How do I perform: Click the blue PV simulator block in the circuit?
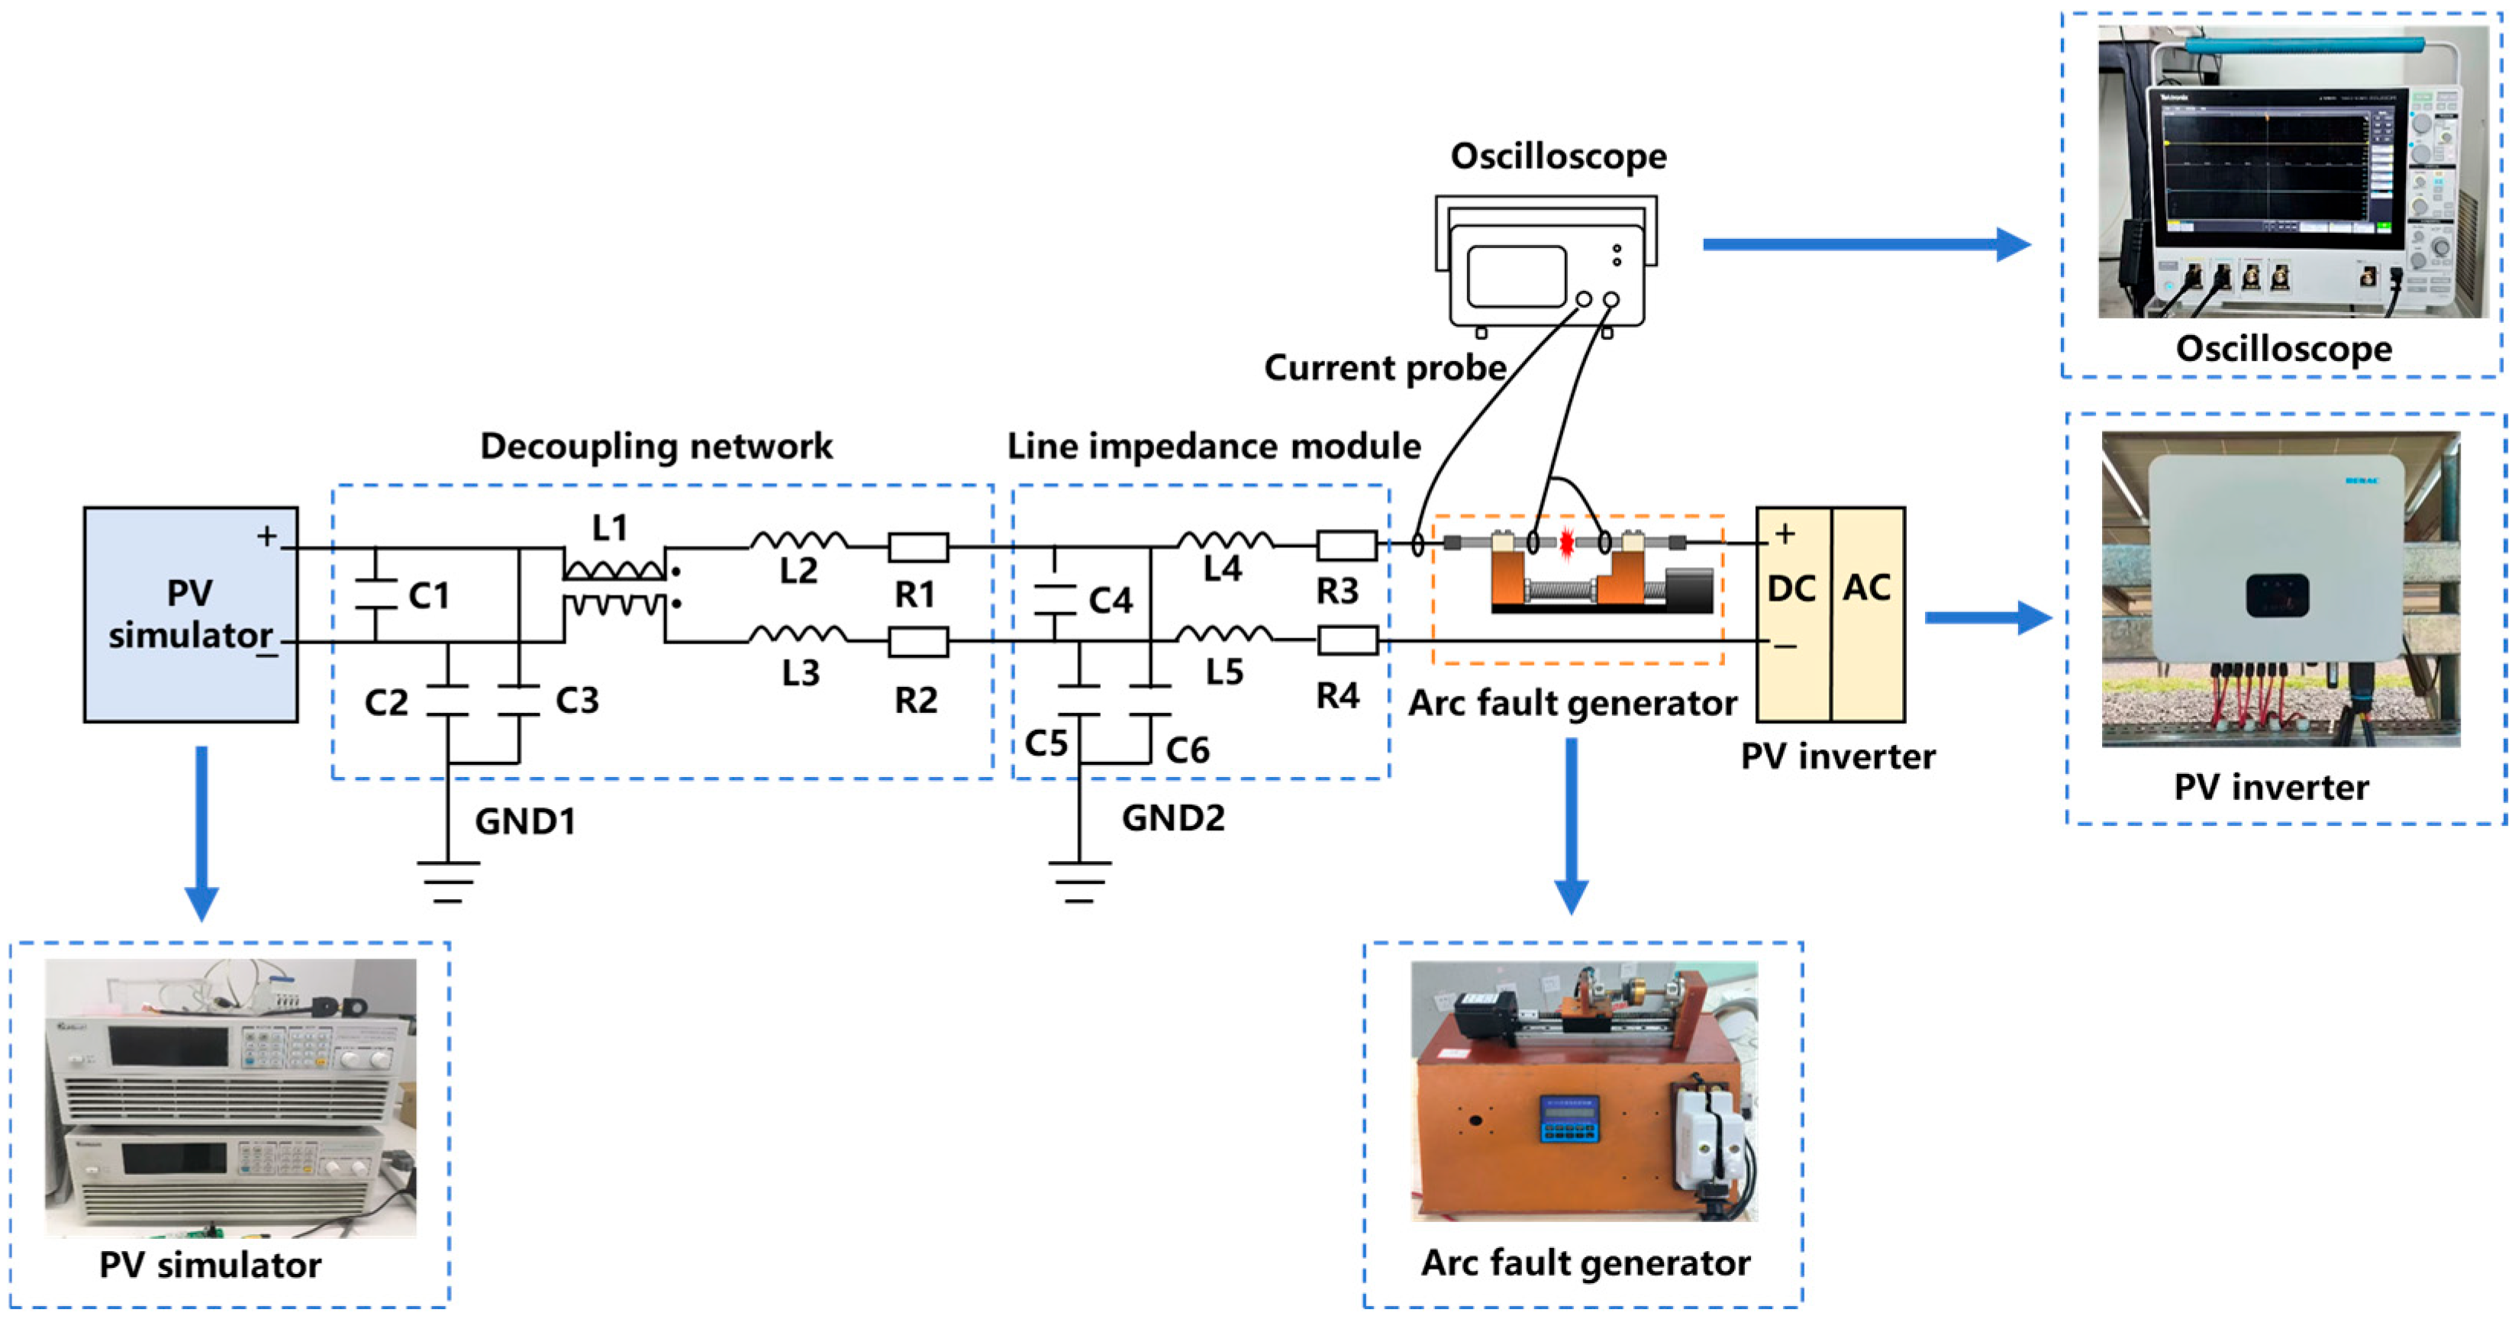190,614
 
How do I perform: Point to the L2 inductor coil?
798,540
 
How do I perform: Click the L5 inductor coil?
1224,634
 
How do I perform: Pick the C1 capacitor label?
429,595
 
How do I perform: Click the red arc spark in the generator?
1566,543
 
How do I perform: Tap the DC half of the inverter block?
1792,614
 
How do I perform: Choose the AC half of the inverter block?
1868,614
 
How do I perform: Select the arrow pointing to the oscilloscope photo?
1865,244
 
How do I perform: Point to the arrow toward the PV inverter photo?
1987,617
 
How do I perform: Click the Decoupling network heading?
656,447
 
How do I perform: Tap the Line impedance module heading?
1214,447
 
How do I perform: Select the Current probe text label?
1385,368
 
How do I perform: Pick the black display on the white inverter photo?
2277,595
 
